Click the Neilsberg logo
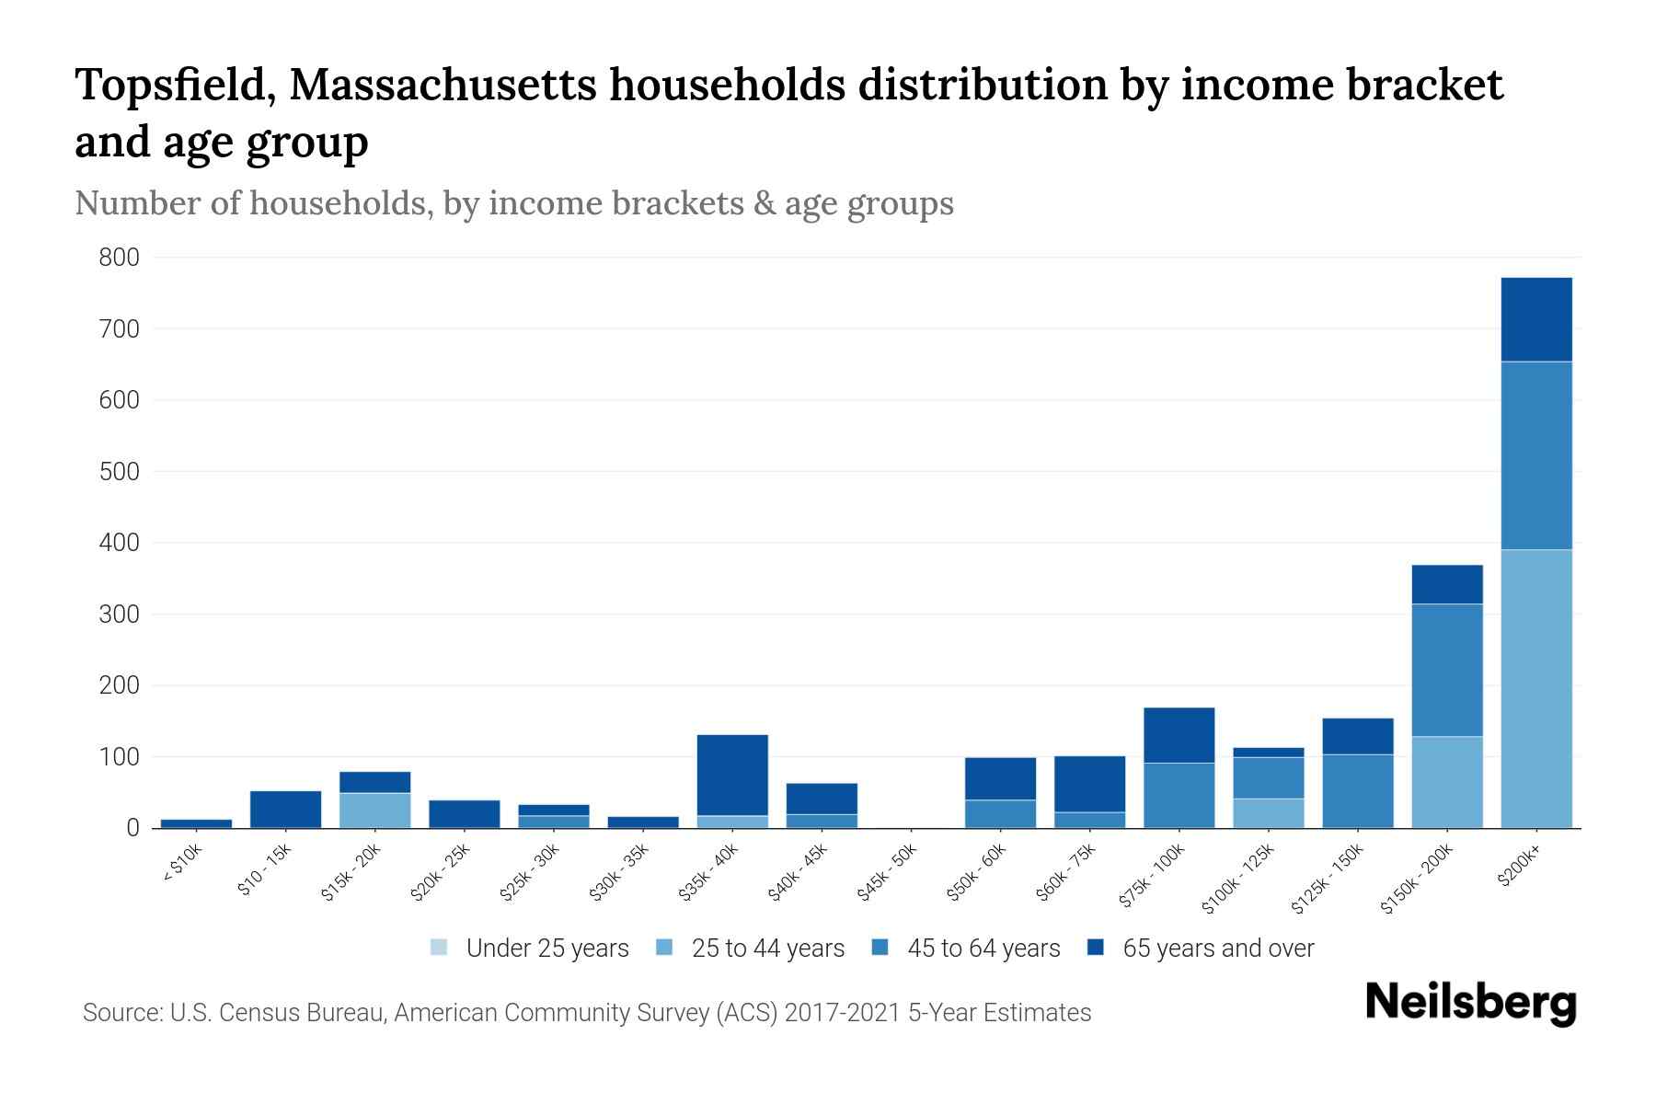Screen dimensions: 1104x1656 (x=1470, y=1003)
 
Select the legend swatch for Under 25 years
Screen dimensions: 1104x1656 (x=440, y=948)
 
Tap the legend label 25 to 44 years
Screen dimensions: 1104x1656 (x=767, y=949)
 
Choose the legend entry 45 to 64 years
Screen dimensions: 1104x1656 (x=983, y=949)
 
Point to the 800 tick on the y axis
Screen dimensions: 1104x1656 (x=119, y=258)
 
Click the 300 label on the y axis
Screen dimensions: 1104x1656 (x=119, y=615)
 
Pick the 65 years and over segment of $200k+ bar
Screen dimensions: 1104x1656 (x=1535, y=319)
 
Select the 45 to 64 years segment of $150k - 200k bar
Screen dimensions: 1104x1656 (x=1446, y=670)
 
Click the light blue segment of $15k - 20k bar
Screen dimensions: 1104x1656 (x=374, y=810)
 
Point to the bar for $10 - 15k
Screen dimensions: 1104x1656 (x=285, y=809)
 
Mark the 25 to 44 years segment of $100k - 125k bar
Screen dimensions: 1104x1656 (x=1268, y=813)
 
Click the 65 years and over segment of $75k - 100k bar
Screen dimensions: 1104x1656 (x=1179, y=735)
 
